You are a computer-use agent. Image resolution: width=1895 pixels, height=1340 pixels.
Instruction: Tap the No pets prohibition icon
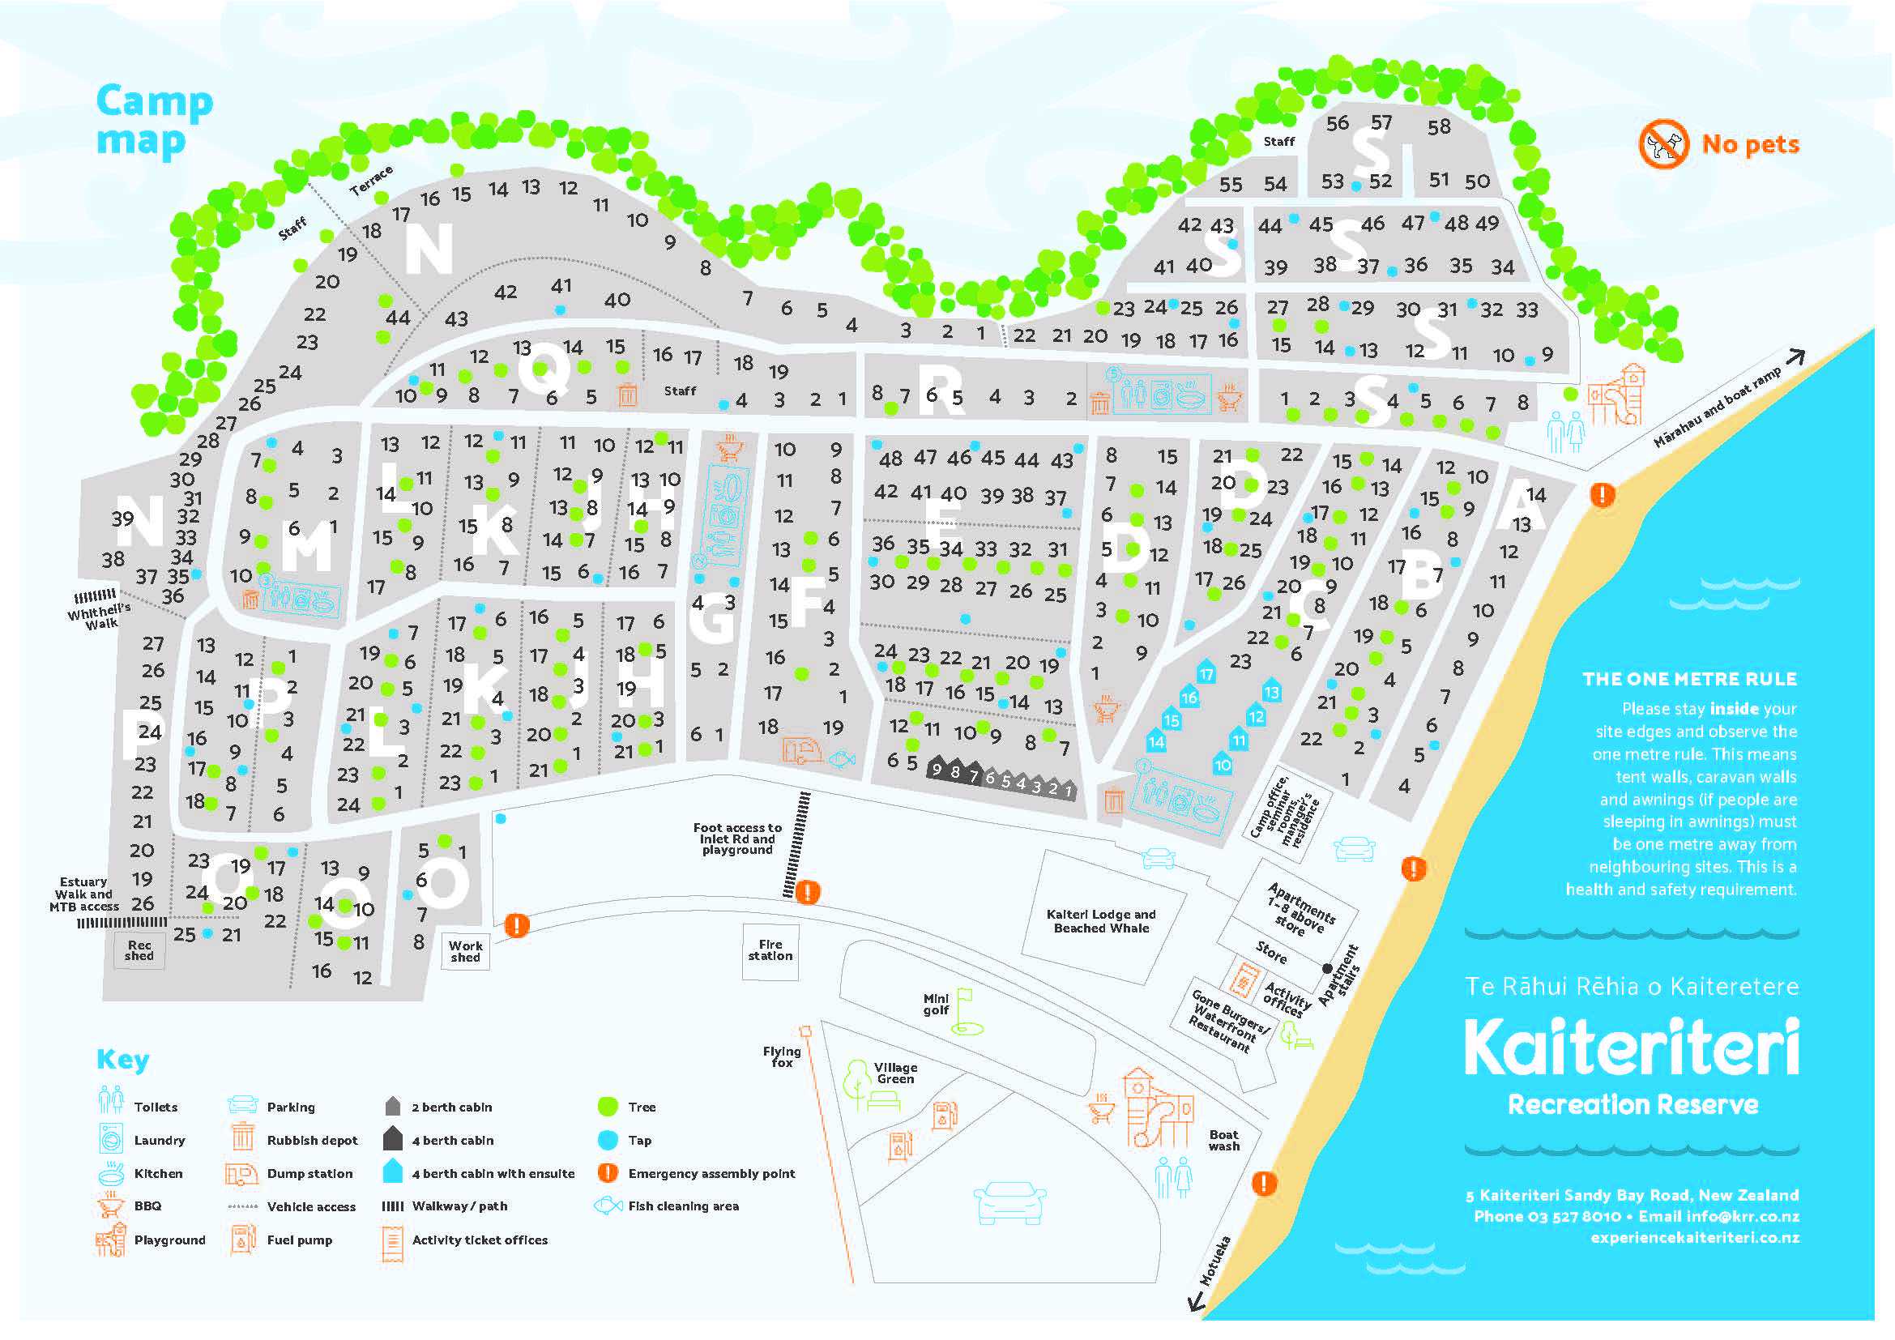(x=1662, y=144)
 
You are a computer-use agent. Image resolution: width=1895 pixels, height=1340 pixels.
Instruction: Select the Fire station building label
(x=769, y=950)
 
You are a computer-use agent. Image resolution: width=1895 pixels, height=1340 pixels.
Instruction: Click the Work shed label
(x=466, y=951)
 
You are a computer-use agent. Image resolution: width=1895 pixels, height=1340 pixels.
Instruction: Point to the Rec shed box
(x=139, y=951)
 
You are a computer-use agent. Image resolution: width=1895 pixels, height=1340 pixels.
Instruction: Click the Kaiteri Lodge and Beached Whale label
(x=1100, y=922)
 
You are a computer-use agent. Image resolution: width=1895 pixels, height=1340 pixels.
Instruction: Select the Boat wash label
(x=1224, y=1141)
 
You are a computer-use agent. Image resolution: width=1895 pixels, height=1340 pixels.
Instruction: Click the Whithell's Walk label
(x=99, y=616)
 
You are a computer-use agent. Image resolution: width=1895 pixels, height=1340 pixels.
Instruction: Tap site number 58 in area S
(x=1439, y=127)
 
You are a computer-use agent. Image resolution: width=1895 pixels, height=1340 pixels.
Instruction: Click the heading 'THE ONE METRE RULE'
(x=1688, y=679)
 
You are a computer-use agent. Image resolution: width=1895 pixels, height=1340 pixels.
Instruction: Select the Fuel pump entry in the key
(x=299, y=1240)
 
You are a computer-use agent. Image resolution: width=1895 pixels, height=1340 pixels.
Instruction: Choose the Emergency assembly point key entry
(x=711, y=1173)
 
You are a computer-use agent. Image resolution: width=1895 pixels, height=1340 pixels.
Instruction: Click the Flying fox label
(x=781, y=1057)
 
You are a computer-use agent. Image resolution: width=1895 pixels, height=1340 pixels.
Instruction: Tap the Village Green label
(x=894, y=1073)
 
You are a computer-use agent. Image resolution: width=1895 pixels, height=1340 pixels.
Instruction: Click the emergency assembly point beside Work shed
(x=517, y=925)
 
